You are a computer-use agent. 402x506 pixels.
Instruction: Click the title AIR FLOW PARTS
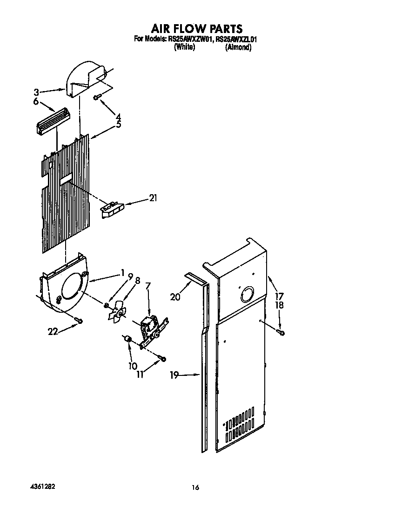(x=196, y=29)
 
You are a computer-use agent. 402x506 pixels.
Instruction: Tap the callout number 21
(x=152, y=198)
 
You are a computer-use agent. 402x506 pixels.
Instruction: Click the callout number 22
(x=54, y=331)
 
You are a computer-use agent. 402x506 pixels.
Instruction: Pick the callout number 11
(x=140, y=373)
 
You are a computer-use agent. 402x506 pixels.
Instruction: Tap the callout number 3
(x=36, y=92)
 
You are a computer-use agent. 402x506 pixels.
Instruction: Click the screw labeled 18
(x=281, y=332)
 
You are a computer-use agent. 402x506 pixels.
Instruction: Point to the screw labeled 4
(x=98, y=97)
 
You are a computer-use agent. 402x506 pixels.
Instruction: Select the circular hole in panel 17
(x=246, y=295)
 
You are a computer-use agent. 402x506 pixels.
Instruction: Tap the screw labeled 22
(x=80, y=321)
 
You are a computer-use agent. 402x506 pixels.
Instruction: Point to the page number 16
(x=195, y=487)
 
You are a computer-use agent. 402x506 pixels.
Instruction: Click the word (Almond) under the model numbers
(x=238, y=47)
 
